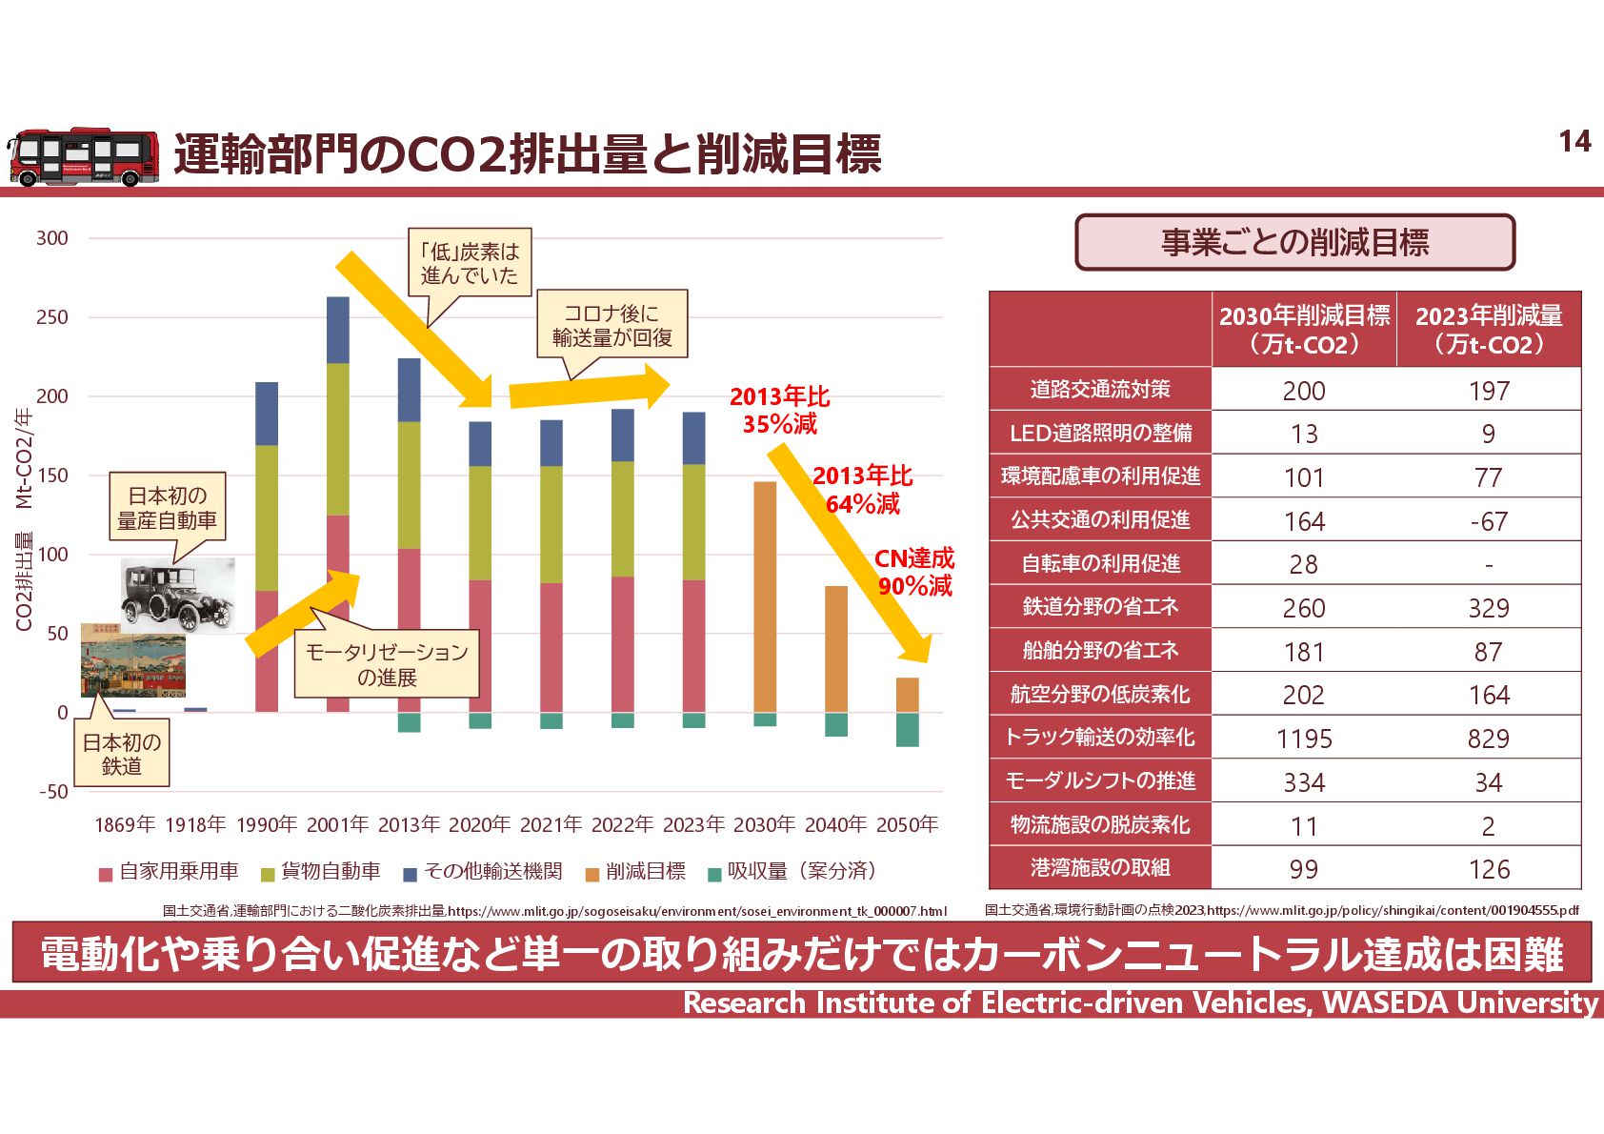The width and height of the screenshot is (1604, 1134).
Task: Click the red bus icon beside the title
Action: tap(84, 156)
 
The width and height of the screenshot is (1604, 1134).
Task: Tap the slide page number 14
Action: tap(1574, 142)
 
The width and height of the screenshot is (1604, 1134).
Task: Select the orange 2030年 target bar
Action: tap(765, 597)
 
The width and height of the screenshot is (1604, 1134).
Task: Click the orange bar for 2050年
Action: tap(908, 695)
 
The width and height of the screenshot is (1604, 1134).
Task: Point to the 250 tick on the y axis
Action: tap(52, 317)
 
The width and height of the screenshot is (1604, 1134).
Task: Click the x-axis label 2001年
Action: tap(337, 824)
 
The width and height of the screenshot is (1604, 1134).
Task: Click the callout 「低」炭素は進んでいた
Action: tap(470, 263)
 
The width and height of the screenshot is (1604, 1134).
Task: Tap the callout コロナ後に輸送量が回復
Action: tap(612, 324)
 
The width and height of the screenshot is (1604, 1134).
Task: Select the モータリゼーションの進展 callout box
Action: tap(387, 664)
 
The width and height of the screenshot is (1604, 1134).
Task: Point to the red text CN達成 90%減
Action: tap(914, 572)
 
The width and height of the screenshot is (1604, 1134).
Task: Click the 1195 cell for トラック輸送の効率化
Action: tap(1304, 739)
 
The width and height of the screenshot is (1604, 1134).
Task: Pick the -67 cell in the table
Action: tap(1489, 521)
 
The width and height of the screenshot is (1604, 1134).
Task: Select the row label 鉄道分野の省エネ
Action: tap(1100, 607)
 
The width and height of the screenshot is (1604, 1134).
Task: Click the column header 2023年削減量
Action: tap(1489, 329)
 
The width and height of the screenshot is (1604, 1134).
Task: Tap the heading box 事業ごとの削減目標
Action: tap(1294, 242)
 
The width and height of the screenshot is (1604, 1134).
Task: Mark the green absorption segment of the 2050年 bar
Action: tap(908, 730)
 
